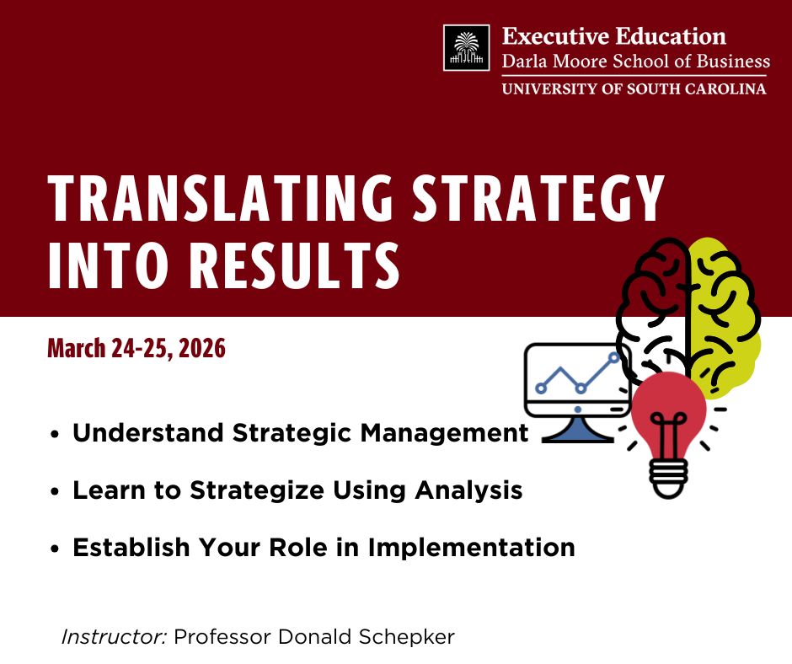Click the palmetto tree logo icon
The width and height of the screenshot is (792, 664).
[466, 48]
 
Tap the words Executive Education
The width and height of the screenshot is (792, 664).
[614, 37]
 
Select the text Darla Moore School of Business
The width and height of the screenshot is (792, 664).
[635, 61]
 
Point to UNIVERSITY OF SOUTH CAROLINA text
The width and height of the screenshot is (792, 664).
[634, 88]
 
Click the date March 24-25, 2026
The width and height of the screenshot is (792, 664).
[136, 347]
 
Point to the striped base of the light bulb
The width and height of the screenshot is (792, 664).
[669, 477]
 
